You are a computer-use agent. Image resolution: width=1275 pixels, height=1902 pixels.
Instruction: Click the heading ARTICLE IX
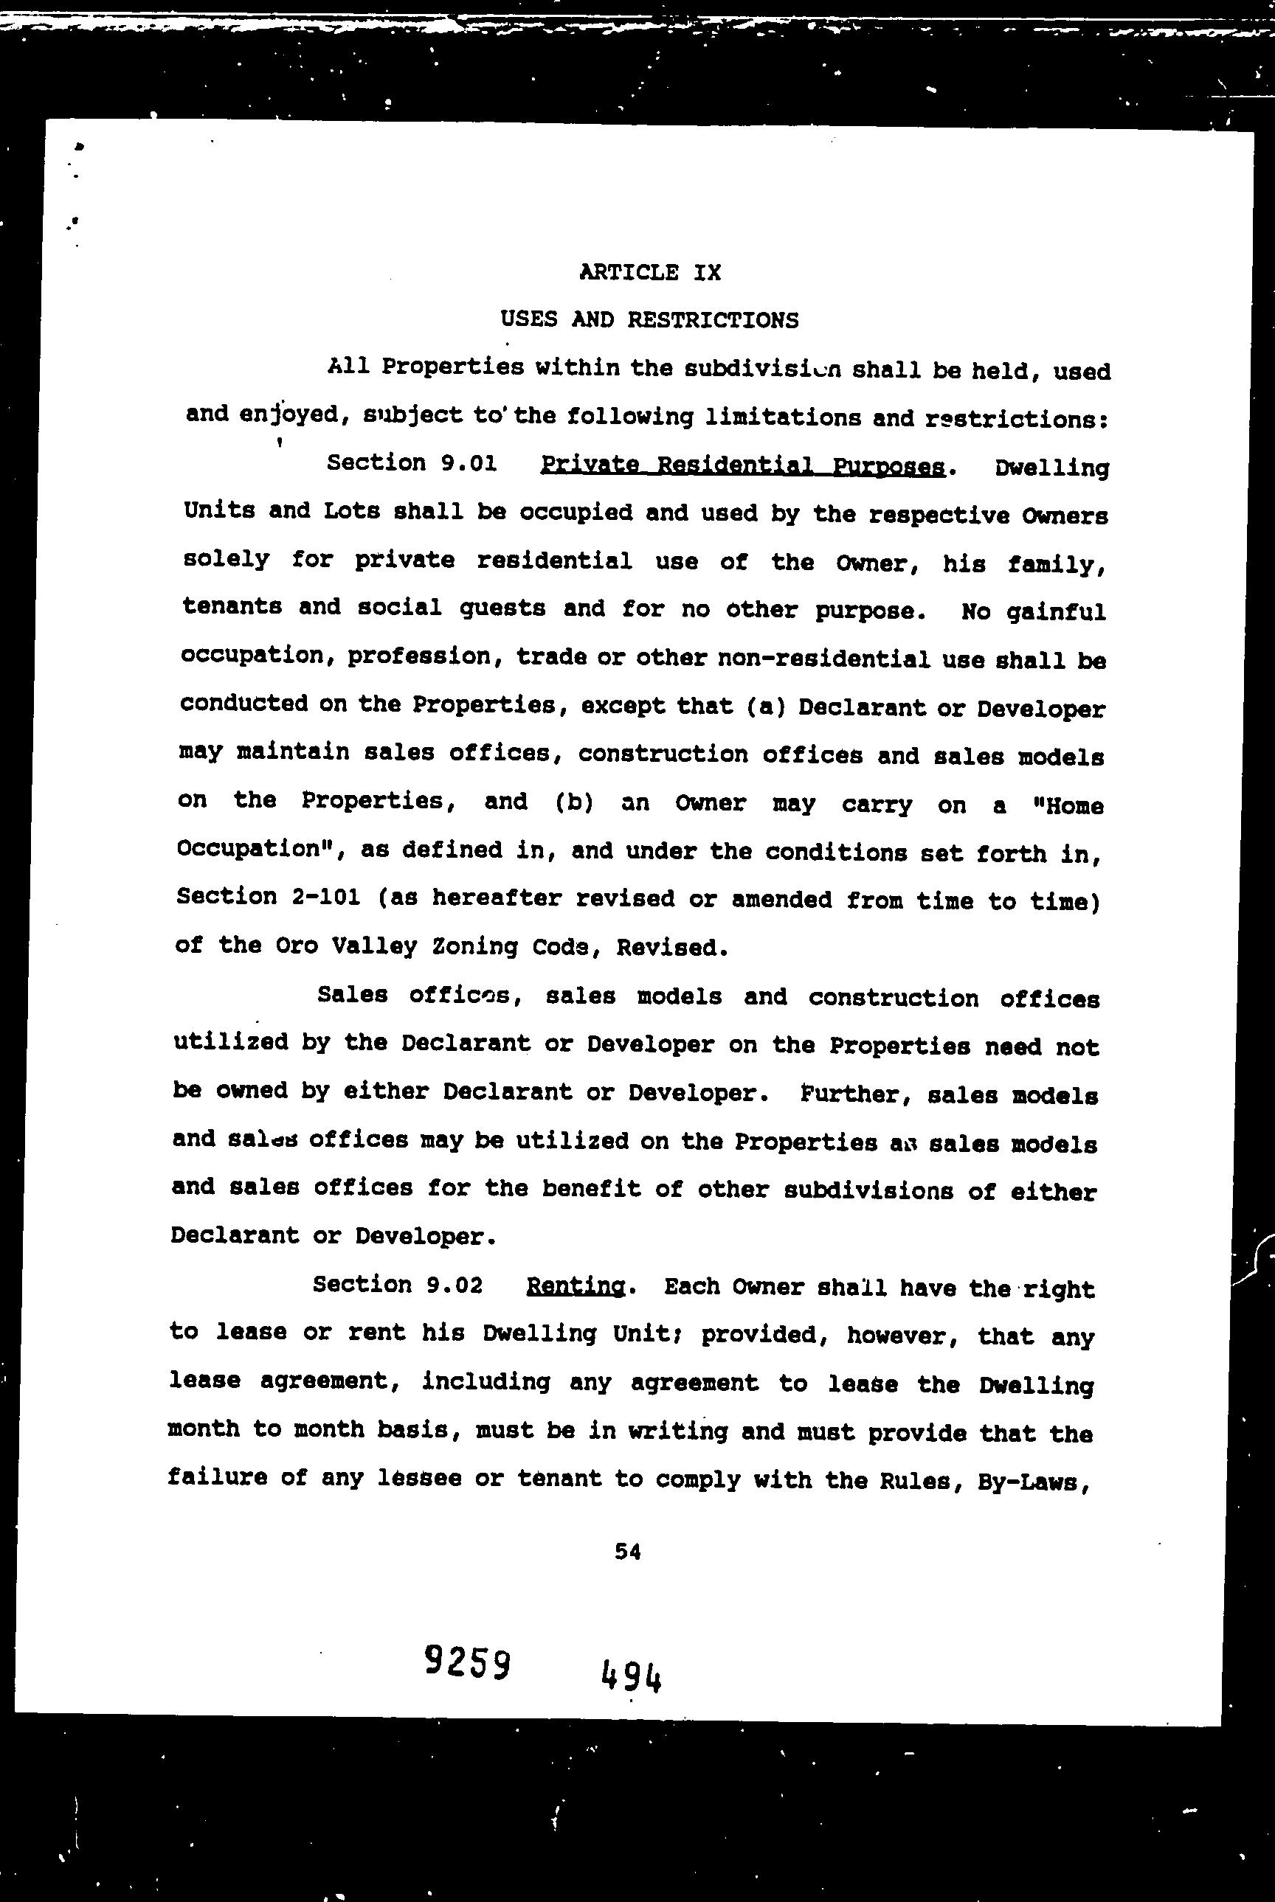point(650,272)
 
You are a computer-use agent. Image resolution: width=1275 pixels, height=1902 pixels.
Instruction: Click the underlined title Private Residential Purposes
point(742,466)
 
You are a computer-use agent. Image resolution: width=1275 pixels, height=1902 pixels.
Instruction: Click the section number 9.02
point(454,1285)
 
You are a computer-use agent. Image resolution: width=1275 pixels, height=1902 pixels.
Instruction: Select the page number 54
point(628,1552)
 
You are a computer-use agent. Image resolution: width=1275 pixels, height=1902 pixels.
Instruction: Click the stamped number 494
point(631,1676)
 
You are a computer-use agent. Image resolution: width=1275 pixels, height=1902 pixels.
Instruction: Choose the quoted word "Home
point(1067,806)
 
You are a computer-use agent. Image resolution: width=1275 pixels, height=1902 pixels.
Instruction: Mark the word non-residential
point(823,659)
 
